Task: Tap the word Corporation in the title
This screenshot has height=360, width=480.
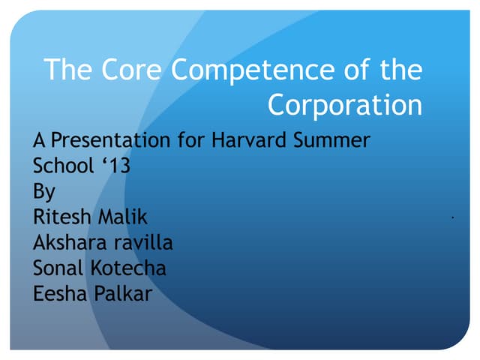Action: pyautogui.click(x=345, y=105)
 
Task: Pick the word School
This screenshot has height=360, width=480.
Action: pyautogui.click(x=61, y=166)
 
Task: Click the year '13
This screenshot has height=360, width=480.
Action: pyautogui.click(x=114, y=166)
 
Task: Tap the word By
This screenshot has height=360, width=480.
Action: pyautogui.click(x=44, y=192)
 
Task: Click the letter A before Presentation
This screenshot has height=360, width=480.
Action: pyautogui.click(x=38, y=140)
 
